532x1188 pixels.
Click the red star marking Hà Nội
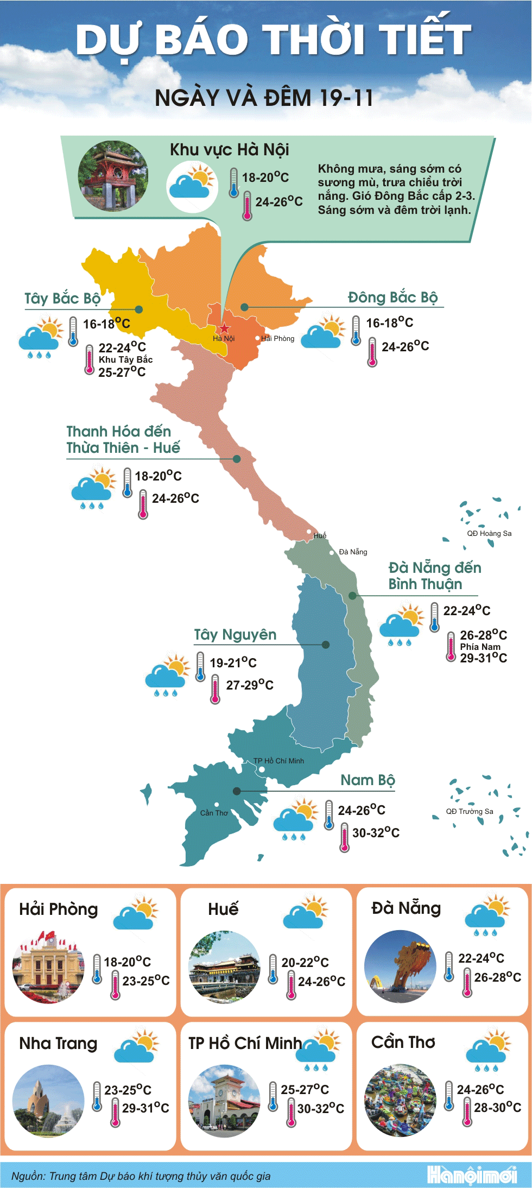[224, 328]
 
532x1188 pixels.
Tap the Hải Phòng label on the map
[277, 338]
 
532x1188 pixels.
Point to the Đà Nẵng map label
[353, 552]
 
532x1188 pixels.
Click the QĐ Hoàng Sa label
[489, 533]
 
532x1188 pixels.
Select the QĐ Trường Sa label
[470, 811]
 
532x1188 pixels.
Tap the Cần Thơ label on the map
[214, 813]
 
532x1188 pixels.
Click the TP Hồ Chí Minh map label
[278, 761]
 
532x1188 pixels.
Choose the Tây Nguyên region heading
[235, 634]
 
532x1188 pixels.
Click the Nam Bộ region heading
[368, 780]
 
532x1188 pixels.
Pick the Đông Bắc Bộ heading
[392, 297]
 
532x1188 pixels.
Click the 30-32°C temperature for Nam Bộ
[376, 832]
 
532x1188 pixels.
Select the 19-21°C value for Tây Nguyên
[233, 662]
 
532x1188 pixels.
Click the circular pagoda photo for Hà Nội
[113, 176]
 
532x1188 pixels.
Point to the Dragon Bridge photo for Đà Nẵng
[400, 966]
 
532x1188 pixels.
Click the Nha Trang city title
[58, 1043]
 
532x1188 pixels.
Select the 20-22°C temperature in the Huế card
[305, 962]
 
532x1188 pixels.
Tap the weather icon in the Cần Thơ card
[488, 1052]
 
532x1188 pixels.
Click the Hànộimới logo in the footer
[471, 1175]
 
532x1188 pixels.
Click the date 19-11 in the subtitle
[346, 98]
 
